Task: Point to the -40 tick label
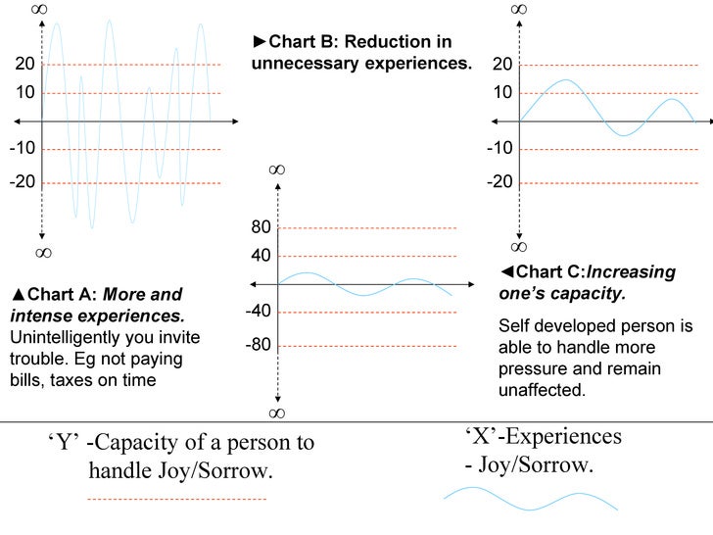[x=259, y=311]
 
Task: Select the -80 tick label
[x=259, y=346]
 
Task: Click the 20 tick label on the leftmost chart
[x=24, y=65]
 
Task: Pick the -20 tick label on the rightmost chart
[x=501, y=183]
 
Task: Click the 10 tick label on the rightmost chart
[x=503, y=93]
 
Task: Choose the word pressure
[x=535, y=368]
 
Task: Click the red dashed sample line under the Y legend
[x=176, y=500]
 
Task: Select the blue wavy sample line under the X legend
[x=530, y=502]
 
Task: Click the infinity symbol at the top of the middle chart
[x=277, y=170]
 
